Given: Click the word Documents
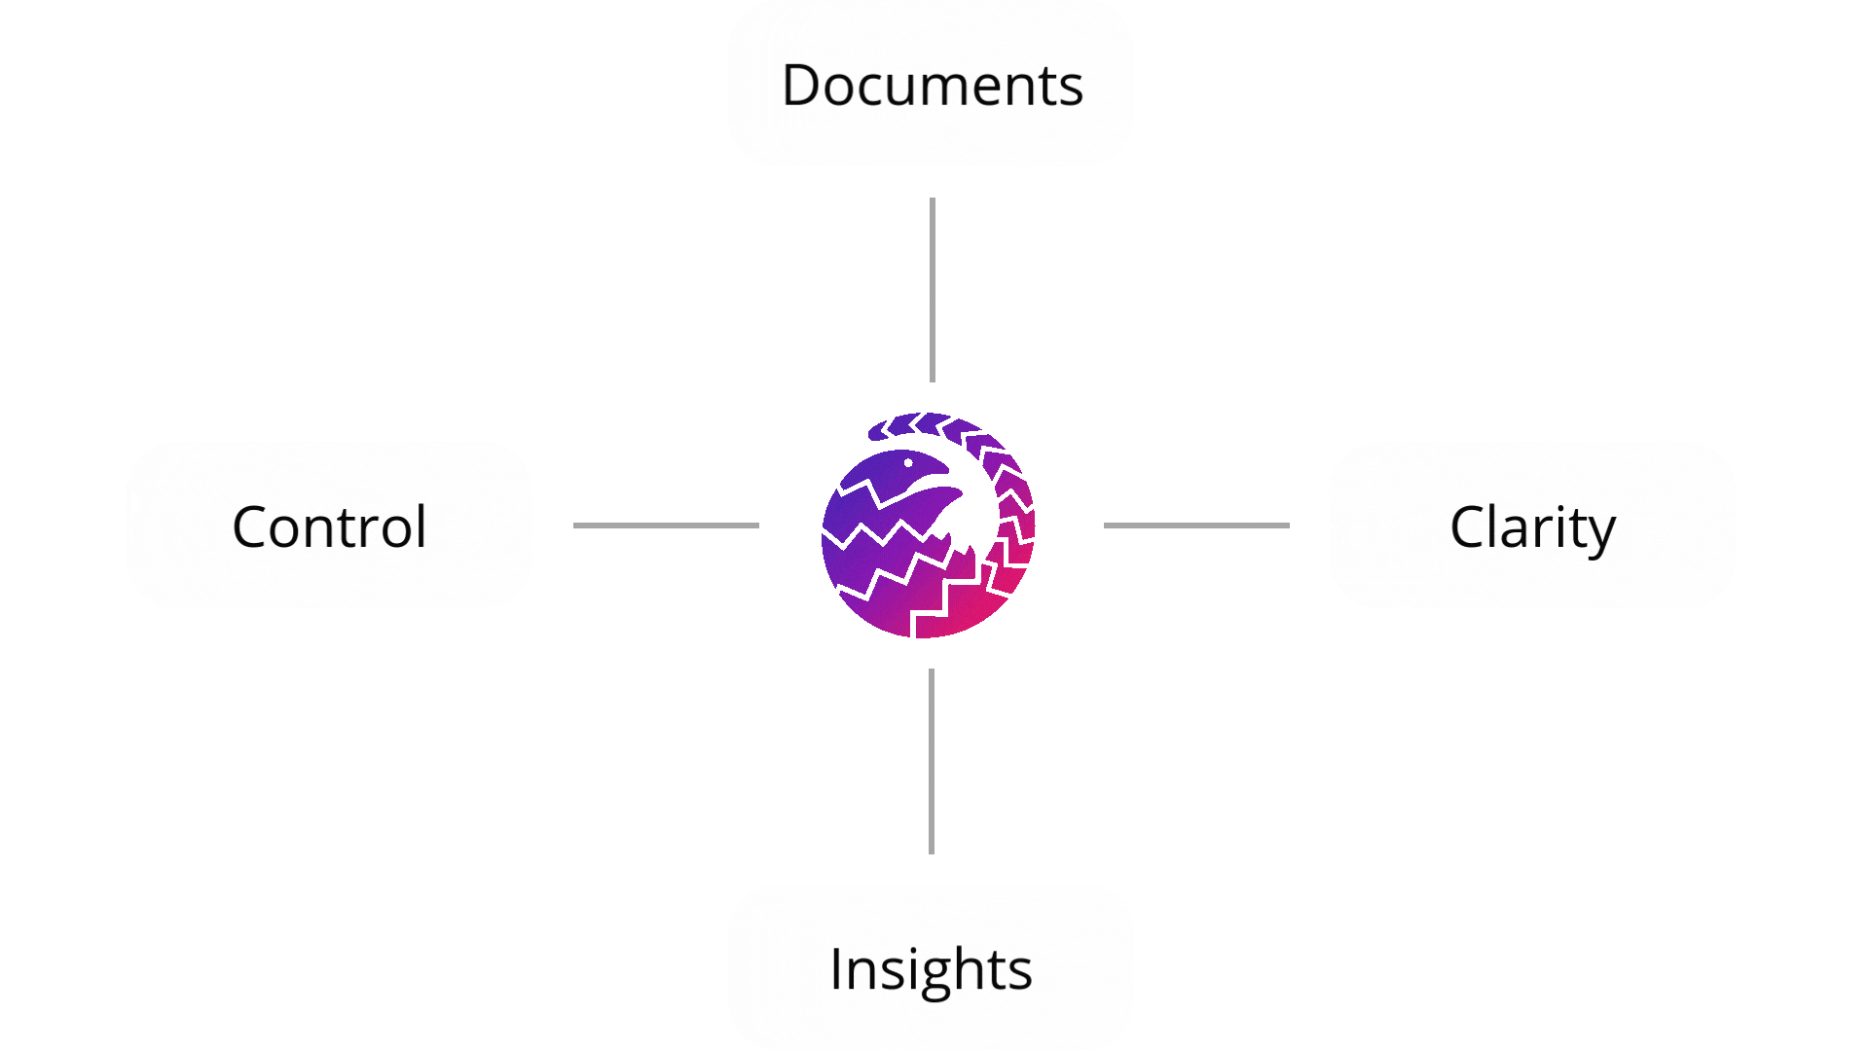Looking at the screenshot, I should point(932,86).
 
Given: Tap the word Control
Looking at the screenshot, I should point(329,527).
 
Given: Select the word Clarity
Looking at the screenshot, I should point(1532,527).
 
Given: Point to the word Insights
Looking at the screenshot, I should point(931,969).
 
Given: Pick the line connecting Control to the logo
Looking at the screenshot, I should point(666,525).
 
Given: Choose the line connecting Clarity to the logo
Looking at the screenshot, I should point(1196,525).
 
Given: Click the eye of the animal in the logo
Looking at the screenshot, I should point(908,463).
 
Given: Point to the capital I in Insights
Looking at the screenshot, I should point(836,969).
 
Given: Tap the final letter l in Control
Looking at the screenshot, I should point(421,525).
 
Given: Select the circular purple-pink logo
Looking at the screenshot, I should point(928,525).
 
